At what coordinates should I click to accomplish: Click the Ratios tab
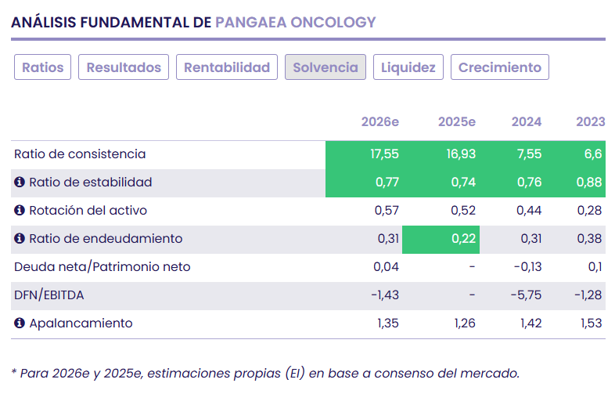point(42,67)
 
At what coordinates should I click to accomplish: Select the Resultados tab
point(124,67)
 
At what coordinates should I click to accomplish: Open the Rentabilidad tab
point(227,67)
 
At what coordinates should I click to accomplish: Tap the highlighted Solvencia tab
point(325,67)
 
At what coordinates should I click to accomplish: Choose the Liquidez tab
point(408,67)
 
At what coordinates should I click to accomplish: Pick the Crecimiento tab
point(499,67)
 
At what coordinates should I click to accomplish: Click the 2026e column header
point(379,121)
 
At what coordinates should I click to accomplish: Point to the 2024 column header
point(527,121)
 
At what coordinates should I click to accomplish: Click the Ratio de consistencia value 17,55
point(384,154)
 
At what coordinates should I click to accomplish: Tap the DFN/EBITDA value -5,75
point(527,295)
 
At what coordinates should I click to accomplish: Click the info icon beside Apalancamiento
point(20,324)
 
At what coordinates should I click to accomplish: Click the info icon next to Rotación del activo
point(20,211)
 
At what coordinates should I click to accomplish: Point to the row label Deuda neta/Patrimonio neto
point(102,267)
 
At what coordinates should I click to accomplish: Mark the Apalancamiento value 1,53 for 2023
point(589,324)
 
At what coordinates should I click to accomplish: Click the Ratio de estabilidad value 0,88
point(589,183)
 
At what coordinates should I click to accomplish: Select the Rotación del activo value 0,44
point(529,211)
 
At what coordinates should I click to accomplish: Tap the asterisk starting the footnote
point(14,372)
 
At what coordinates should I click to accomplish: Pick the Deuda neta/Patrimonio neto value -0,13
point(527,267)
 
